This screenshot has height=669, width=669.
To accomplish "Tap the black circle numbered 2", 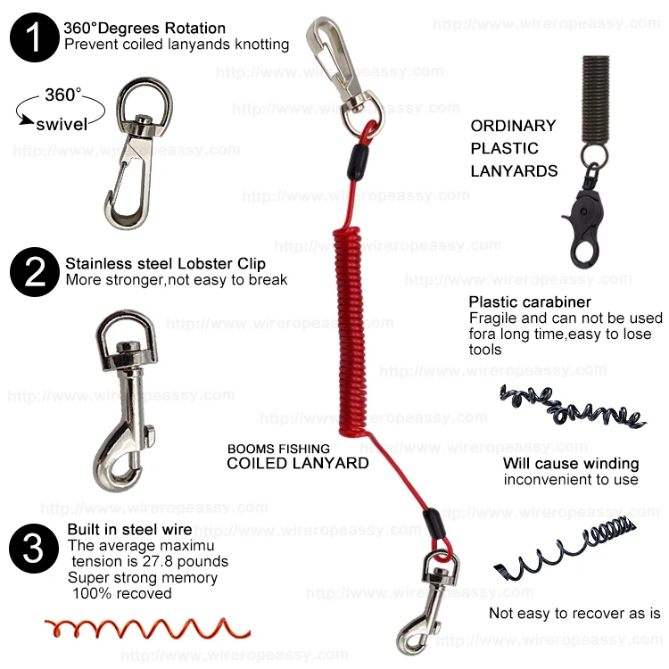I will coord(33,271).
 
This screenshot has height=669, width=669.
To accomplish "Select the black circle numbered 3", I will coord(33,548).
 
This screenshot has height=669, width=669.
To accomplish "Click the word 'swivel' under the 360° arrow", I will coord(62,124).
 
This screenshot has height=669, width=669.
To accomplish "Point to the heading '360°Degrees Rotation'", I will coord(145,29).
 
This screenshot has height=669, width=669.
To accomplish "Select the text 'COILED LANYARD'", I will coord(297,463).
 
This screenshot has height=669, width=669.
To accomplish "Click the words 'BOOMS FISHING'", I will coord(278,449).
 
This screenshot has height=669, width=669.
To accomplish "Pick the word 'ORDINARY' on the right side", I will coord(513,126).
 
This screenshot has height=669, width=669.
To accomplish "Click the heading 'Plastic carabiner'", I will coord(530,302).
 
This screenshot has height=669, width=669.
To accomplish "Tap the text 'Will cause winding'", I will coord(571,463).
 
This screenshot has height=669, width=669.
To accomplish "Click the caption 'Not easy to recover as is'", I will coord(574,613).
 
